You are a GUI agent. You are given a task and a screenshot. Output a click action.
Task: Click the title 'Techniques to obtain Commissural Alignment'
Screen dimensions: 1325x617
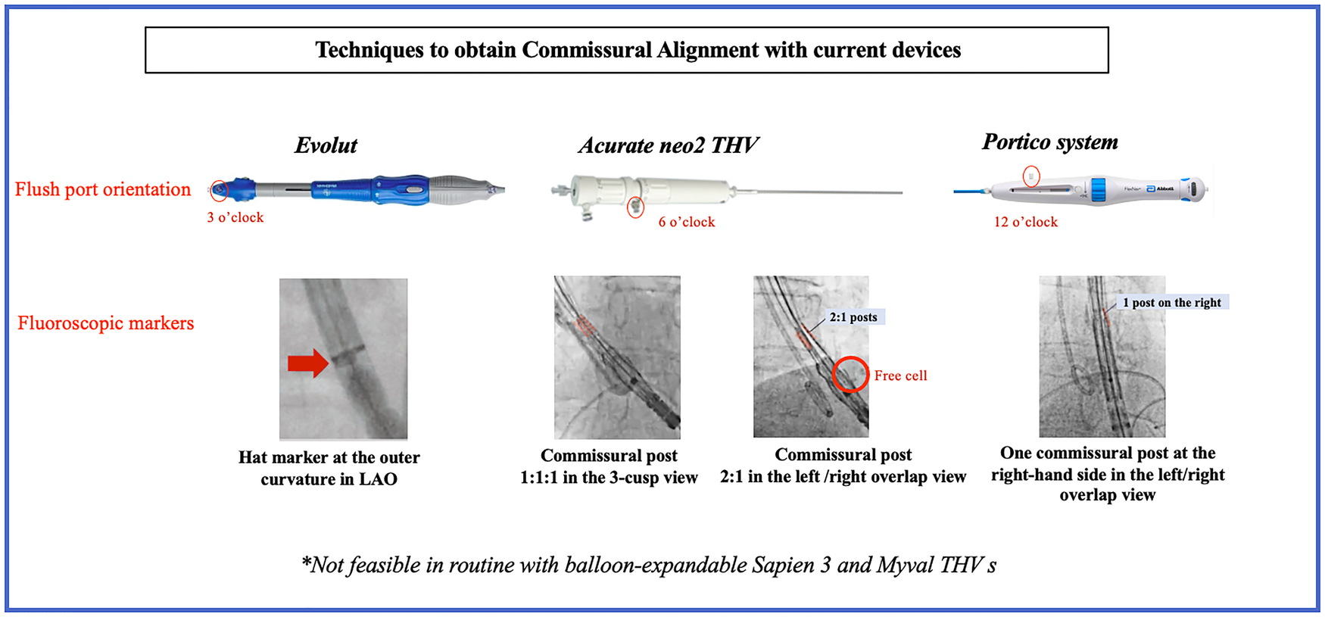pyautogui.click(x=638, y=50)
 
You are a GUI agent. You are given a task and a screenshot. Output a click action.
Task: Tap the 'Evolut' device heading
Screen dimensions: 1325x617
pyautogui.click(x=326, y=145)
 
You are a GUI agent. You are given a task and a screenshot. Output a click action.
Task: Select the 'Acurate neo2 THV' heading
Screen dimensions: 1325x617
pyautogui.click(x=668, y=145)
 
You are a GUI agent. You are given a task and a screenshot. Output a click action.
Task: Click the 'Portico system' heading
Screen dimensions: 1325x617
pyautogui.click(x=1049, y=142)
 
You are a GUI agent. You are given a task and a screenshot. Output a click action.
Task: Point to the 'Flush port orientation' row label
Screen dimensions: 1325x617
pyautogui.click(x=103, y=189)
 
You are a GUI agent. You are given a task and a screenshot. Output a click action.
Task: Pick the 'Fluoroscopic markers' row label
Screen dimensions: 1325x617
pyautogui.click(x=106, y=323)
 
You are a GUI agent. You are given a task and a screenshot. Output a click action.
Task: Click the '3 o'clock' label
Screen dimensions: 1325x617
pyautogui.click(x=235, y=217)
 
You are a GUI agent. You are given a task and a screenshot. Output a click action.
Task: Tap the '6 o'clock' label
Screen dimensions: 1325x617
pyautogui.click(x=687, y=222)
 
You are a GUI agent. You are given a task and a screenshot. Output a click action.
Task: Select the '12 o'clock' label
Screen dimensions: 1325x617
pyautogui.click(x=1026, y=222)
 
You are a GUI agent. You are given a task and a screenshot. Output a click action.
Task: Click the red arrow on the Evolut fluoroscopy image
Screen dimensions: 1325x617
pyautogui.click(x=307, y=363)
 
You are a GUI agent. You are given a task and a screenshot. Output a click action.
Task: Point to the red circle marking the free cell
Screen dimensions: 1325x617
pyautogui.click(x=850, y=374)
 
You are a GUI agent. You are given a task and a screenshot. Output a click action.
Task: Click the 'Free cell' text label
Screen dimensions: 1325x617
pyautogui.click(x=900, y=375)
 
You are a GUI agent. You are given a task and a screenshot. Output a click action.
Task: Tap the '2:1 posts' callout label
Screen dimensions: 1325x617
pyautogui.click(x=853, y=317)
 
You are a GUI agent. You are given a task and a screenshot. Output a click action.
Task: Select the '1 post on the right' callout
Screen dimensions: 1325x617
pyautogui.click(x=1172, y=303)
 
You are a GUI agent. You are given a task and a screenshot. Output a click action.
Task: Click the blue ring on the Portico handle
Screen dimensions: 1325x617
pyautogui.click(x=1099, y=189)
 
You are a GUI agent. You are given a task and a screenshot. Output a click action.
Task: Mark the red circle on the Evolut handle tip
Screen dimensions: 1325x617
pyautogui.click(x=219, y=190)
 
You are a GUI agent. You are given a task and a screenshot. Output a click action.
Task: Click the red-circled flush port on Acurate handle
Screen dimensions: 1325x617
pyautogui.click(x=636, y=206)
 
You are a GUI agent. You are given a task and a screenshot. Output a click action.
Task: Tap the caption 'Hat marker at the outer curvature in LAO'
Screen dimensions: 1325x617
pyautogui.click(x=329, y=468)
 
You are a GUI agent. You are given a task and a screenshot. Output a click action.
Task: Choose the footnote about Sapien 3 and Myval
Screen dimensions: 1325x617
pyautogui.click(x=649, y=566)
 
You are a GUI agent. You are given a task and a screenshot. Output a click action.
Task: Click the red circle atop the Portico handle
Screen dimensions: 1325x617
pyautogui.click(x=1031, y=176)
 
